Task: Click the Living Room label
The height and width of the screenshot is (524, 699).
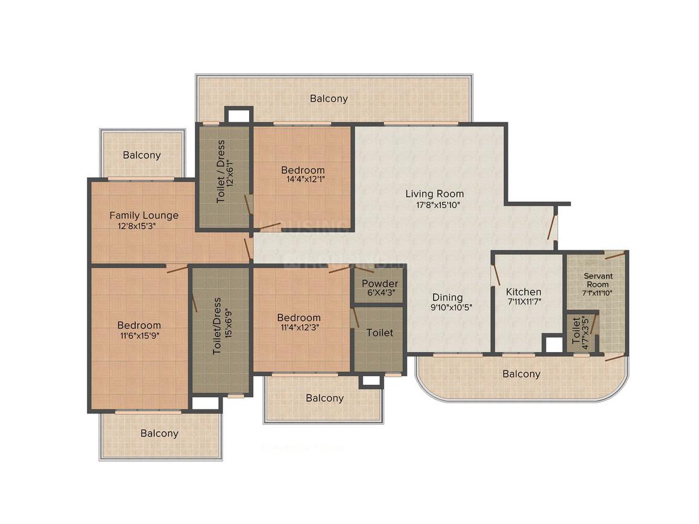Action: click(x=434, y=194)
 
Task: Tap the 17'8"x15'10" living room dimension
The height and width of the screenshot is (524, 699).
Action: click(x=434, y=204)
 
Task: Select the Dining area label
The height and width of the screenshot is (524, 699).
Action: click(x=447, y=297)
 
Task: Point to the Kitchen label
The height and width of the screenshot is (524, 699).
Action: click(x=523, y=292)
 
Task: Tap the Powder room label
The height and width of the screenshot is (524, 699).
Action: click(x=379, y=283)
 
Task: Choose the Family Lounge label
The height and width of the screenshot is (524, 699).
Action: click(x=144, y=215)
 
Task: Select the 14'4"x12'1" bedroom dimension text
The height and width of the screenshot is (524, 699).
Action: click(x=303, y=180)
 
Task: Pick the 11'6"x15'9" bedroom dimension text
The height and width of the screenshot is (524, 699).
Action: click(x=139, y=335)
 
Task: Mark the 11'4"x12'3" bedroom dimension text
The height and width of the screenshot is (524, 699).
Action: click(x=299, y=327)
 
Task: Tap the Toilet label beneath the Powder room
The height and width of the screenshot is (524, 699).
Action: click(x=379, y=332)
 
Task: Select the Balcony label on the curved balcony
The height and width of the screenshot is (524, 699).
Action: click(x=521, y=374)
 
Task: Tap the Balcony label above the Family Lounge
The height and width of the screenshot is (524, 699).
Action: click(x=142, y=155)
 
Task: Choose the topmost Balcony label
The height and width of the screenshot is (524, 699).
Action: click(x=329, y=98)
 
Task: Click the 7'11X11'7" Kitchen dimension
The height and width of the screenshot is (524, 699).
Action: click(x=523, y=303)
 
